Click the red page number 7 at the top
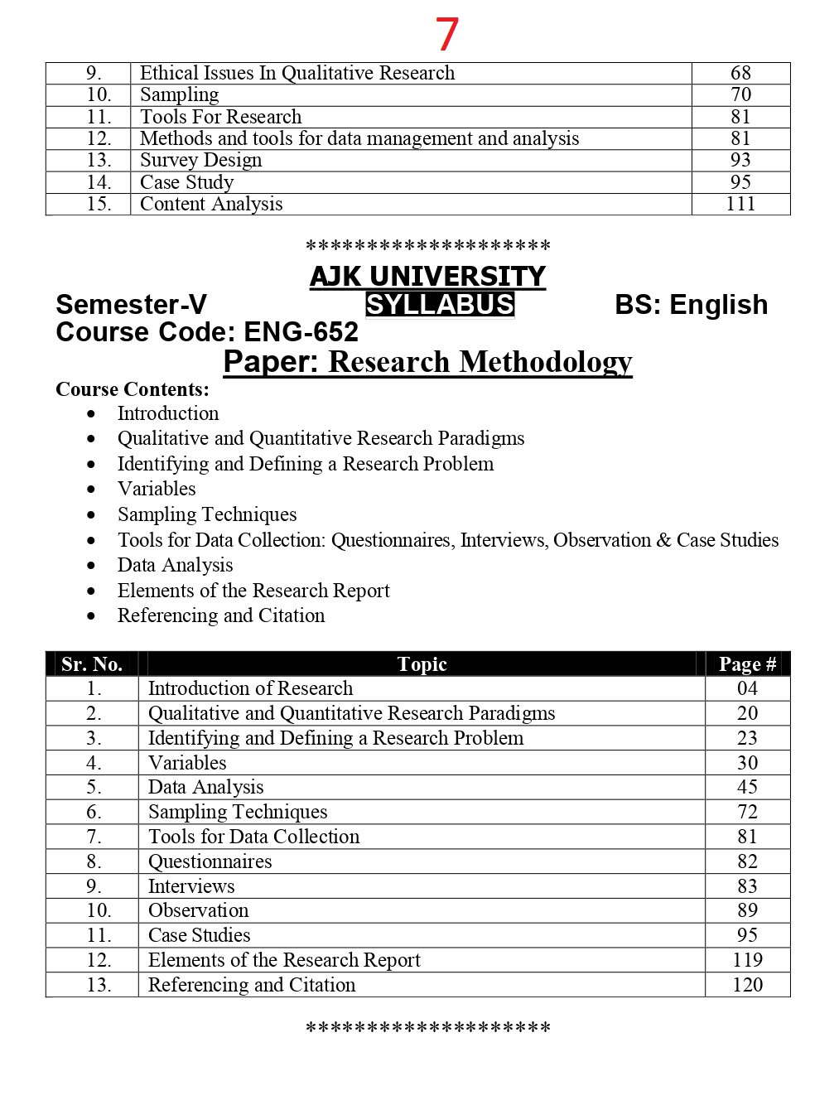pyautogui.click(x=446, y=35)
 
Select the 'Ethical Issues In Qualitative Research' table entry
pyautogui.click(x=297, y=73)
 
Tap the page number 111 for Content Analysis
pyautogui.click(x=740, y=204)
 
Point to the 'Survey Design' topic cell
pyautogui.click(x=200, y=160)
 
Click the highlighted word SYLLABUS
pyautogui.click(x=440, y=305)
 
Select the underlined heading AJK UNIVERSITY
pyautogui.click(x=427, y=276)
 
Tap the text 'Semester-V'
pyautogui.click(x=131, y=305)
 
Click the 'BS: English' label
pyautogui.click(x=691, y=305)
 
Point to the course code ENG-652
pyautogui.click(x=301, y=332)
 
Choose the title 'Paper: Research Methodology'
pyautogui.click(x=427, y=362)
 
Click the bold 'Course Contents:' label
pyautogui.click(x=133, y=389)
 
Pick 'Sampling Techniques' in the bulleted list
pyautogui.click(x=207, y=514)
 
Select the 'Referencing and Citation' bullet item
pyautogui.click(x=221, y=615)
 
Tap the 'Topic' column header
pyautogui.click(x=422, y=664)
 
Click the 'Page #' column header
pyautogui.click(x=747, y=664)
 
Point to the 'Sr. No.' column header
pyautogui.click(x=92, y=664)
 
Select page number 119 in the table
pyautogui.click(x=747, y=960)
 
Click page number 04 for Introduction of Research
pyautogui.click(x=747, y=688)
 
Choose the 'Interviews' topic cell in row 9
pyautogui.click(x=191, y=886)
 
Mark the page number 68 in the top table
pyautogui.click(x=740, y=73)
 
